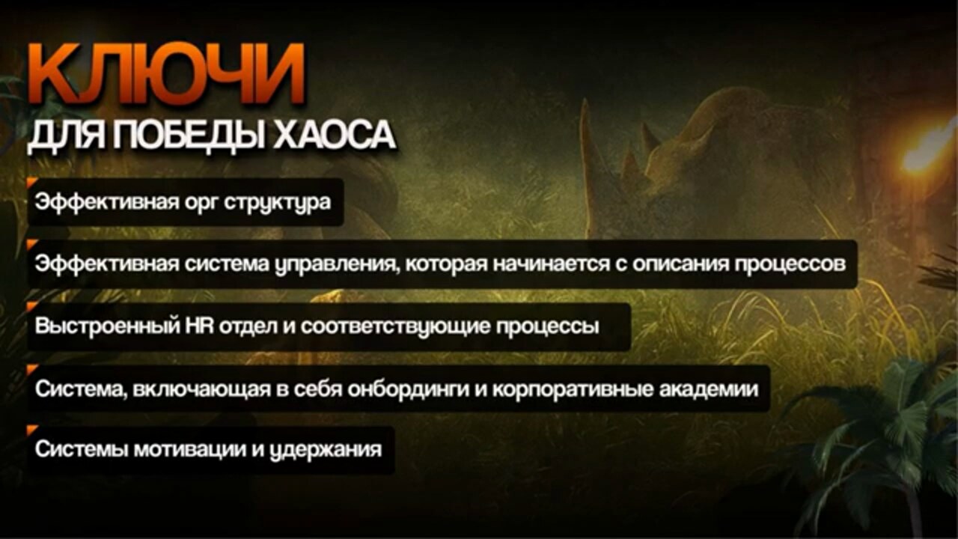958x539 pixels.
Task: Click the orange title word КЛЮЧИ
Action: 166,73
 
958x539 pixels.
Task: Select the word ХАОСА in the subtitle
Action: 335,135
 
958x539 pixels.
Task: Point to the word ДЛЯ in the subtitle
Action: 67,137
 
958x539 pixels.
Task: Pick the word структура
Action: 278,203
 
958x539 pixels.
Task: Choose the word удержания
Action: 326,450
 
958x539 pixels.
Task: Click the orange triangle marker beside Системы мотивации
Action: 31,430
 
